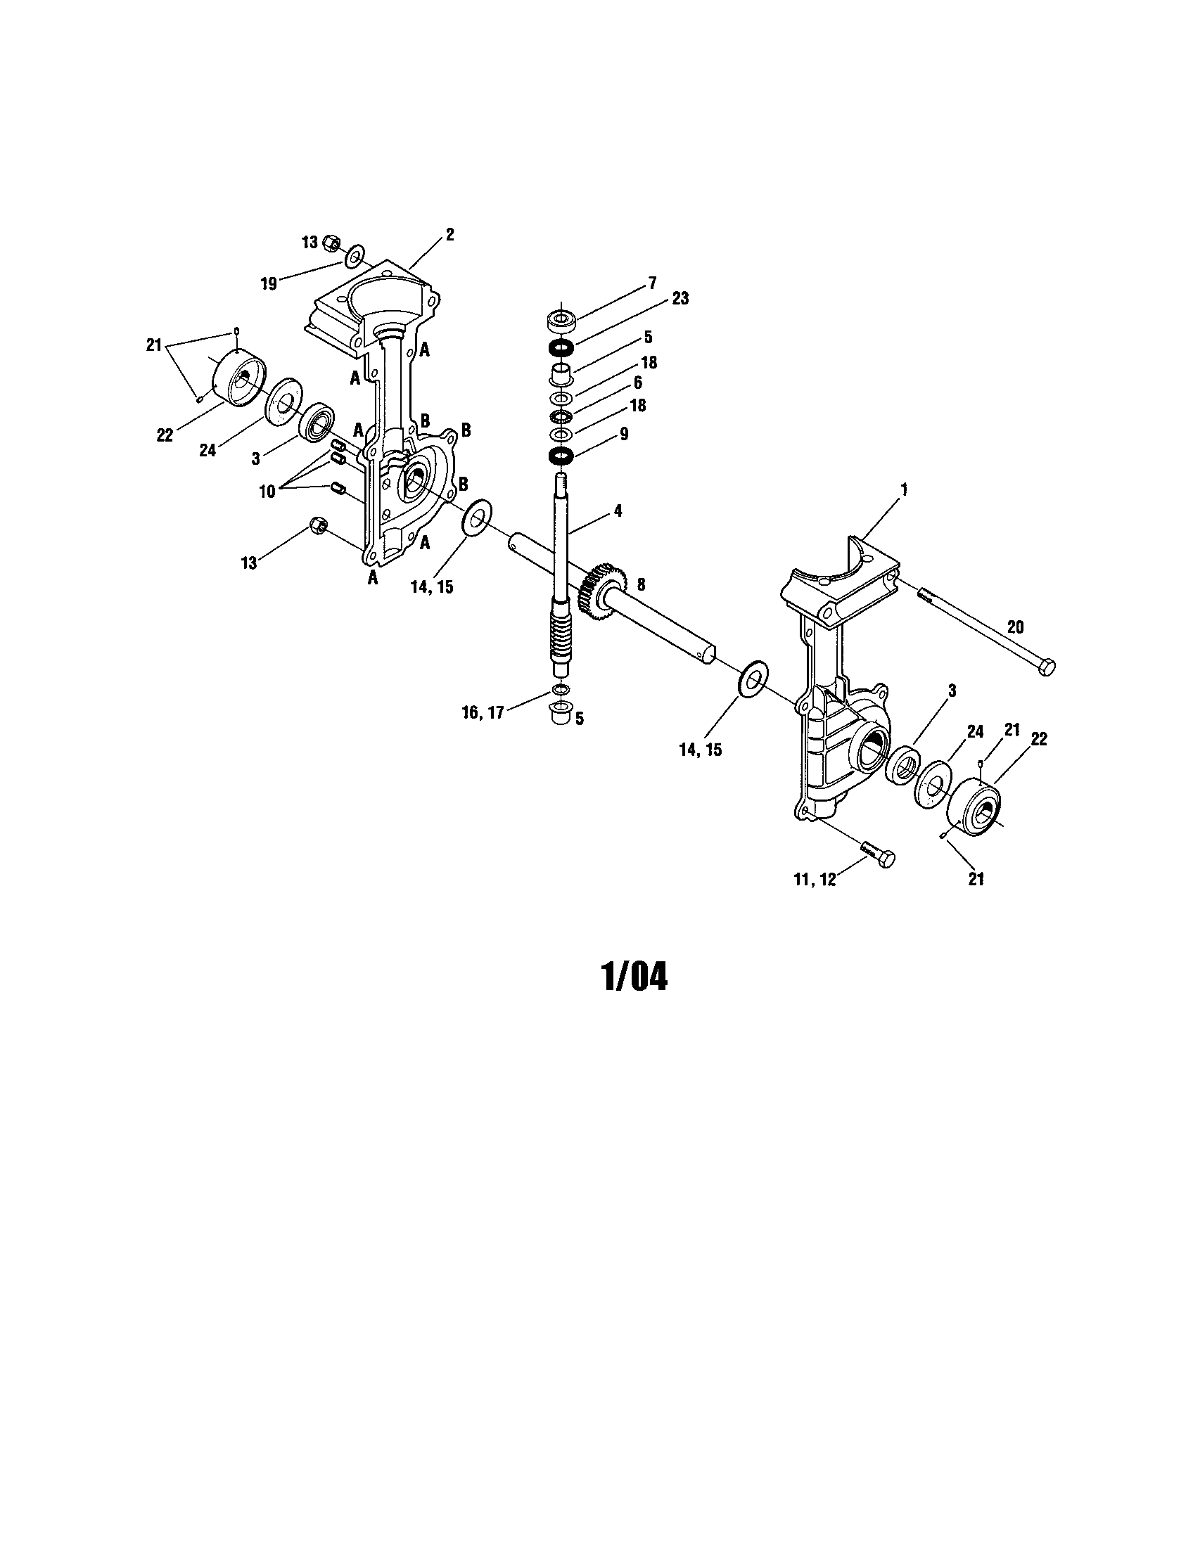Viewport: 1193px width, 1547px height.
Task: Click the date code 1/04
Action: [x=634, y=977]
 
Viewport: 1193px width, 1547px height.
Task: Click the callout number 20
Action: [x=1015, y=627]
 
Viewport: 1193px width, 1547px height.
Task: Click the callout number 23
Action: [x=680, y=299]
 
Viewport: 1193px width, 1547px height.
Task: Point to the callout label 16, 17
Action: [x=483, y=712]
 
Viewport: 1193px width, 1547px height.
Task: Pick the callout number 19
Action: [x=269, y=284]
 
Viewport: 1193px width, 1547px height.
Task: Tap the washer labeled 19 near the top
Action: [x=355, y=256]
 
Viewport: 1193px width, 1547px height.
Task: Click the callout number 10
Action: [x=267, y=492]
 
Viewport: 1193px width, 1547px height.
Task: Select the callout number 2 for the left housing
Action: [x=450, y=234]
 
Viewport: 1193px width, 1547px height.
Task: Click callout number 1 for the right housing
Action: [x=903, y=489]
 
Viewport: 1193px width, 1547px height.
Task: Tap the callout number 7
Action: [x=652, y=285]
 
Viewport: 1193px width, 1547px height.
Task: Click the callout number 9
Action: [x=624, y=433]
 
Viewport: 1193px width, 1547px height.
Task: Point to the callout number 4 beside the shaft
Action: [x=618, y=510]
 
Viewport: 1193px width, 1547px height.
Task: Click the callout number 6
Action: [x=637, y=383]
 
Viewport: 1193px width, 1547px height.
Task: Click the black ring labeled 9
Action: [x=561, y=455]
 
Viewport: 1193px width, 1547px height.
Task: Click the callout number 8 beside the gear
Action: [x=641, y=584]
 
